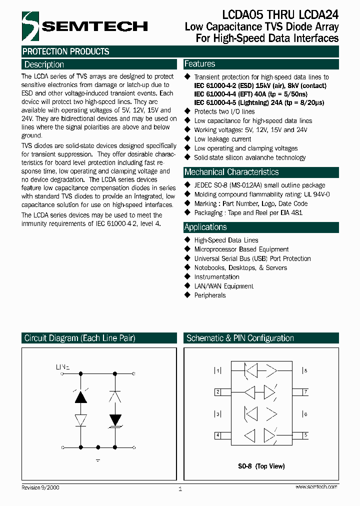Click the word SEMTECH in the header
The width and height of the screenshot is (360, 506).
pos(94,26)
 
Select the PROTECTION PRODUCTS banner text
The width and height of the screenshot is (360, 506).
pos(66,51)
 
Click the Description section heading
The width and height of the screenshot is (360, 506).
pos(44,64)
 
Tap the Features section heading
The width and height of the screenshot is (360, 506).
pos(199,64)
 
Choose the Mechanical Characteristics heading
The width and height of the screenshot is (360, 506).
pos(231,172)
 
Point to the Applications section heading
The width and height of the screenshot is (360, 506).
pos(205,227)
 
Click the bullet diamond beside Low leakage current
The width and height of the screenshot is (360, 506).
pos(188,139)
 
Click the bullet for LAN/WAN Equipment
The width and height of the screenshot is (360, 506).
pos(188,286)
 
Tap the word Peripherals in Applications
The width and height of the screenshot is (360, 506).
pos(210,295)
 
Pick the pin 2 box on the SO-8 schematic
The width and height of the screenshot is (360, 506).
pos(218,392)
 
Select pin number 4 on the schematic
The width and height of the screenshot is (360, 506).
pos(218,435)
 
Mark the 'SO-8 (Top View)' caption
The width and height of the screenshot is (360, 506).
pos(261,466)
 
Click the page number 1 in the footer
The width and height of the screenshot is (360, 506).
pos(180,489)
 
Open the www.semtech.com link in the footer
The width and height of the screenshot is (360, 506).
pos(316,486)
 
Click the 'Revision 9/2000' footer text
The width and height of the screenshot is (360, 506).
pos(40,487)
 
